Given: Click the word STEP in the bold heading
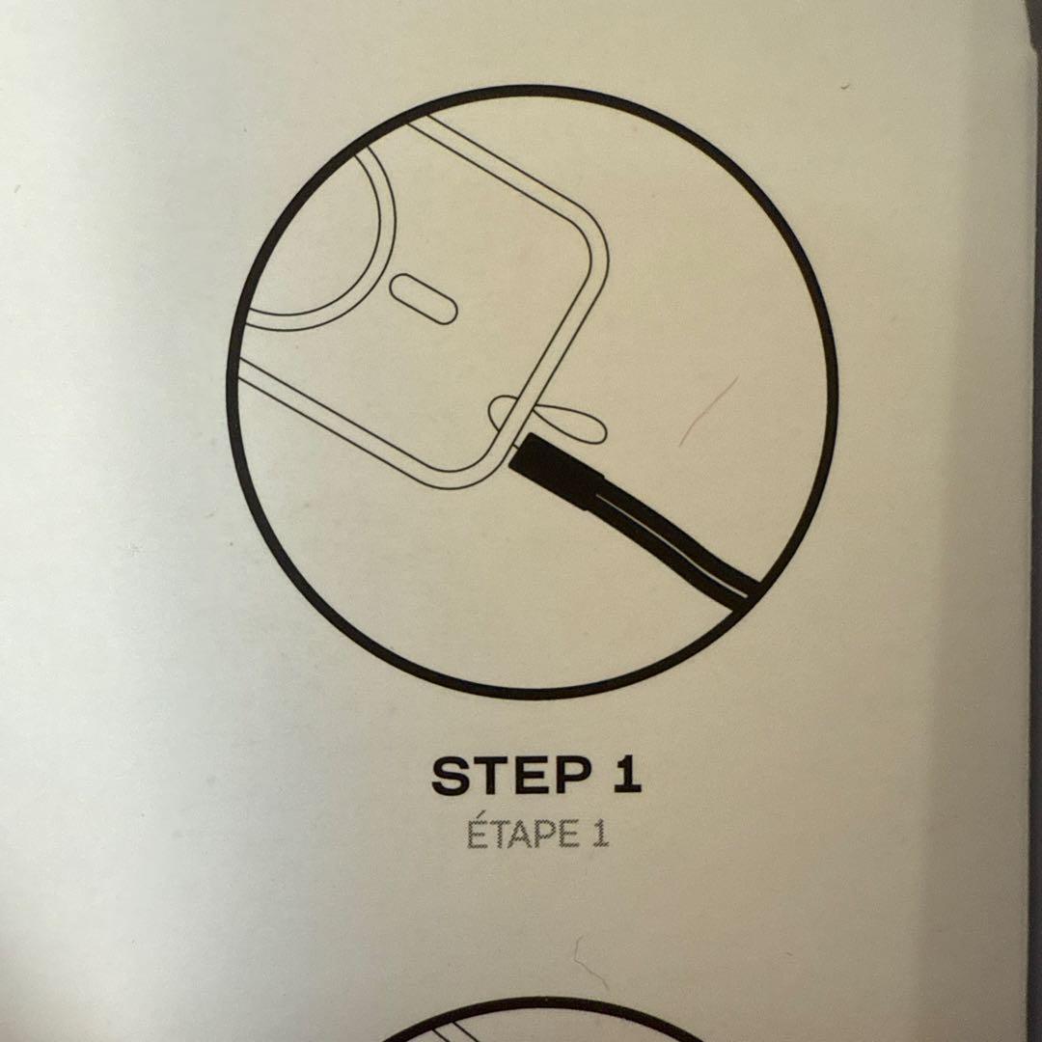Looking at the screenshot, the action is tap(511, 776).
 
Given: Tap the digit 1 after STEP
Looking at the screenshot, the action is tap(627, 775).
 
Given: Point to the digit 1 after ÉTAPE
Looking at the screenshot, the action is tap(599, 835).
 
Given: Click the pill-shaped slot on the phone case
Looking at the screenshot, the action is tap(424, 299).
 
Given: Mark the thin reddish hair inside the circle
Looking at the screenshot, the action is tap(708, 411).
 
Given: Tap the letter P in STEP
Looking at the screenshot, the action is tap(572, 776).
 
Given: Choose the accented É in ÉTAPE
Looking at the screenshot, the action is tap(476, 834).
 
